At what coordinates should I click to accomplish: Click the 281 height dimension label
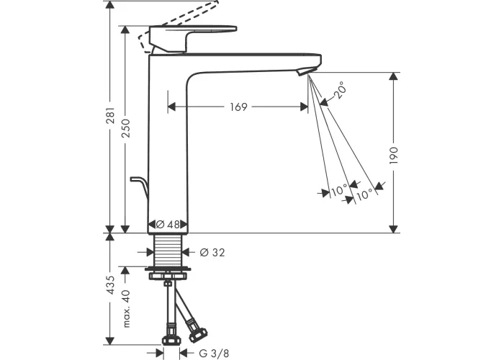pos(110,115)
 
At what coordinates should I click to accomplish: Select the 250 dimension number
pos(126,128)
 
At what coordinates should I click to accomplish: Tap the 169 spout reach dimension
pos(238,107)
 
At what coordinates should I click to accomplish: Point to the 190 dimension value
pos(393,156)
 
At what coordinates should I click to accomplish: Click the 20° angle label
pos(340,90)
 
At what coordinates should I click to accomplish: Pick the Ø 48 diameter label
pos(168,225)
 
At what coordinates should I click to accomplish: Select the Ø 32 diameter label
pos(212,253)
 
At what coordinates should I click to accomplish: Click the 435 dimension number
pos(110,285)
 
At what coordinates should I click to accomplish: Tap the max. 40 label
pos(126,309)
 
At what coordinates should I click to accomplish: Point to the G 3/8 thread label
pos(214,354)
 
